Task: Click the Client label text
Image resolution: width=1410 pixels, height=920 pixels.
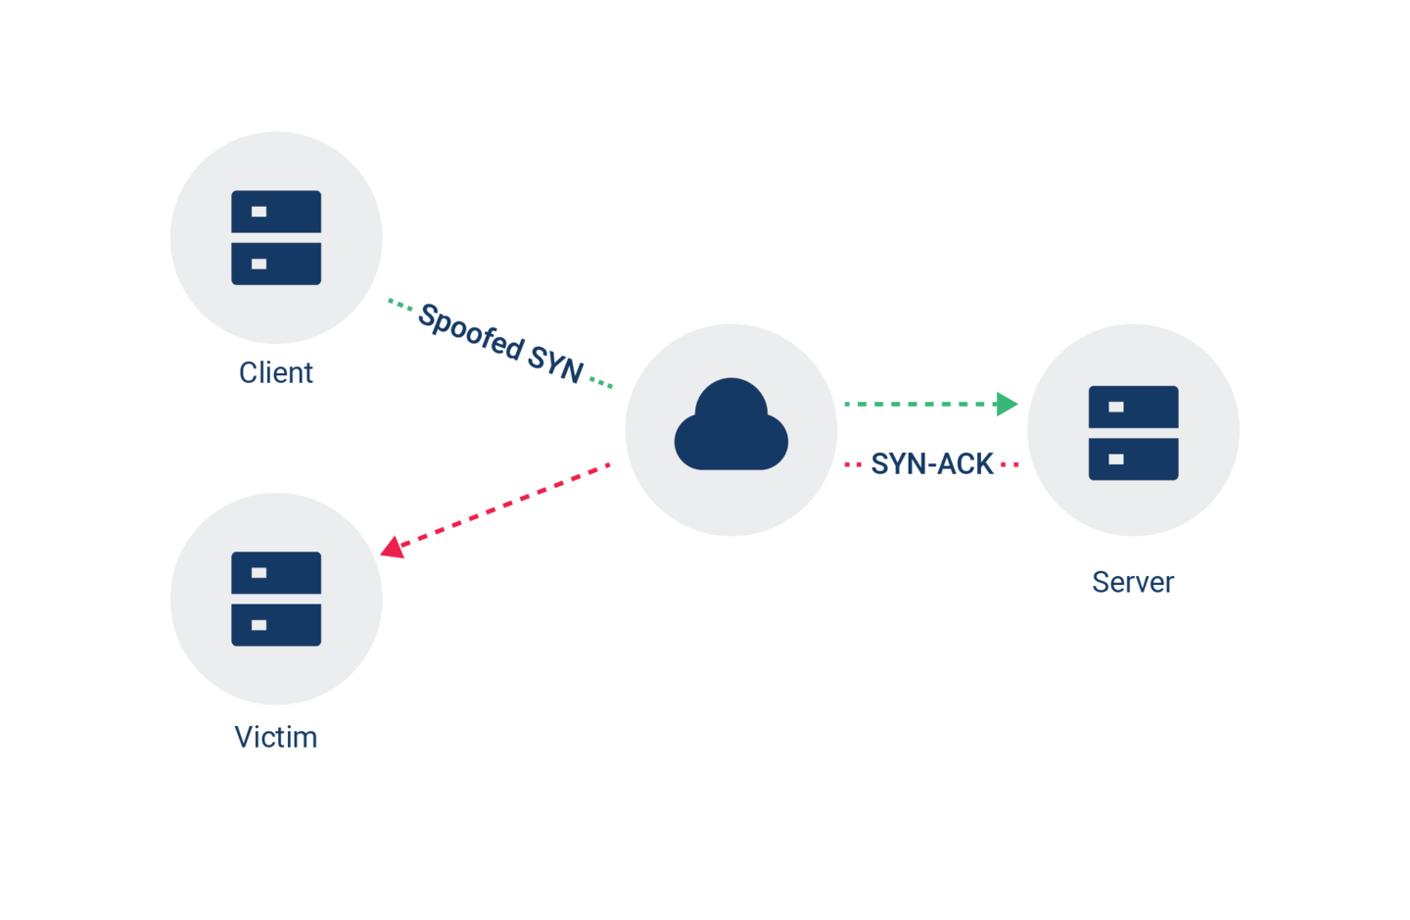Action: tap(276, 372)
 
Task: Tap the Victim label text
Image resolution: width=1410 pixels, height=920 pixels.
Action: tap(276, 737)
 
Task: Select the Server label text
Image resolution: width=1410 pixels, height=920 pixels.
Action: tap(1133, 582)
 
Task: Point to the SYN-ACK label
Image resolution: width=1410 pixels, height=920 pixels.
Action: tap(932, 463)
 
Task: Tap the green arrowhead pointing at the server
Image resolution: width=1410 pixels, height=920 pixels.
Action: tap(1007, 404)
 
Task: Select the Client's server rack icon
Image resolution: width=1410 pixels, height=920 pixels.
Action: tap(276, 238)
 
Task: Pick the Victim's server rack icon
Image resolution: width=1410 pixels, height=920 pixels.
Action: tap(276, 599)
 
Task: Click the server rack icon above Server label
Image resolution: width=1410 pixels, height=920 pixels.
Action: tap(1133, 432)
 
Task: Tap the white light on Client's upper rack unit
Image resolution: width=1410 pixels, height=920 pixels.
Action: tap(258, 212)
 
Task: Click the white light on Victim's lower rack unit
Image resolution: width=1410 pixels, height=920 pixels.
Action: tap(258, 625)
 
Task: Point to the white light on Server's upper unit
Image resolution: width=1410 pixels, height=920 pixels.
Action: tap(1116, 407)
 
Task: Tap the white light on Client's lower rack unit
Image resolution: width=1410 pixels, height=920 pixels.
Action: tap(258, 264)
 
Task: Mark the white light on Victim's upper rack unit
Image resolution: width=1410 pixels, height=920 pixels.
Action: tap(258, 572)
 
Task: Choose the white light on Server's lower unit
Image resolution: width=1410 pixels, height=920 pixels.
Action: tap(1116, 459)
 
